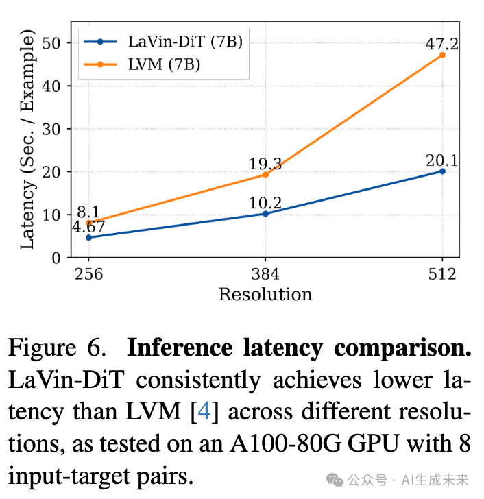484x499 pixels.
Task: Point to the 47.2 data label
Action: click(441, 44)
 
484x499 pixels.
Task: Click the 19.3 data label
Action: click(265, 164)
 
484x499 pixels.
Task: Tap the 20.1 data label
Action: click(441, 160)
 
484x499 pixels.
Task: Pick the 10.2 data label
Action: click(265, 203)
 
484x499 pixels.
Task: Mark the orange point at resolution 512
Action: click(442, 55)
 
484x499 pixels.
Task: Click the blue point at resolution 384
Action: click(265, 214)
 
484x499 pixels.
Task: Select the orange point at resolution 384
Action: click(265, 175)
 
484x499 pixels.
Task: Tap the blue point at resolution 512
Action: click(442, 171)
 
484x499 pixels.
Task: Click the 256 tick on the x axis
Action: click(88, 274)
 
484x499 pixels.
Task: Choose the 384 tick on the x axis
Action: click(265, 274)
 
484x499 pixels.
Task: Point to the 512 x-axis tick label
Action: click(442, 274)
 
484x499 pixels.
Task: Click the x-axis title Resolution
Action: click(265, 295)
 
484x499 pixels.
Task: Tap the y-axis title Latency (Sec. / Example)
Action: click(27, 141)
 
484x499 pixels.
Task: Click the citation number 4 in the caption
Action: click(204, 411)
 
